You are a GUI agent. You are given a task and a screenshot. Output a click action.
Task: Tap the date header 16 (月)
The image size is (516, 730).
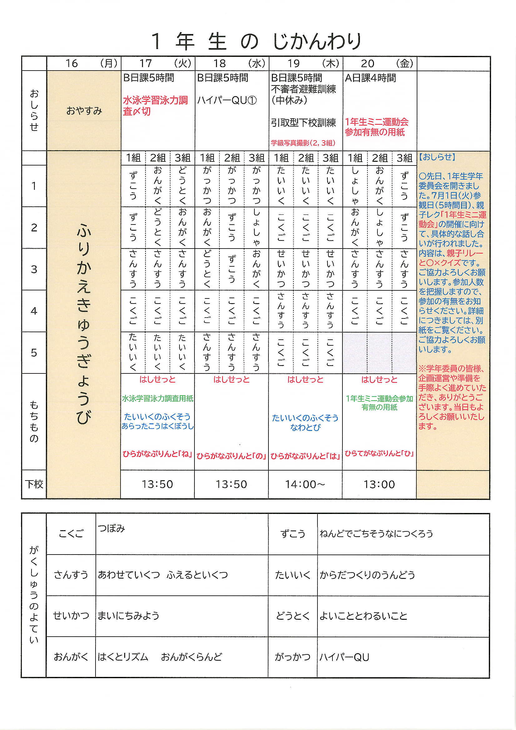point(84,64)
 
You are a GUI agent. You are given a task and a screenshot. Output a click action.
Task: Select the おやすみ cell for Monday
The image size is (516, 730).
point(84,111)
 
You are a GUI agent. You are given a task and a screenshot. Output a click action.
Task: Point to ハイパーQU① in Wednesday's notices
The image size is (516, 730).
point(227,101)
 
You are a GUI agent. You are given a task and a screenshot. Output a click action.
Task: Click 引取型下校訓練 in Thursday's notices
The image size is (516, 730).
point(303,122)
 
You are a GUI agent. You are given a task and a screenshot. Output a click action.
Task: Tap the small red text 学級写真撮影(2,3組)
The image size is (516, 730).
point(303,143)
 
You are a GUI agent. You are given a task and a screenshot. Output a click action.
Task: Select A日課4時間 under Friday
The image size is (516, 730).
point(371,78)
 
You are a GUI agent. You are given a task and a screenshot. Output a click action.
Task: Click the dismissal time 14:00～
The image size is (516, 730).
point(305,484)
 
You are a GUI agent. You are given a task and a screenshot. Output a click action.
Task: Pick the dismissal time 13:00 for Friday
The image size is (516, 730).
point(379,484)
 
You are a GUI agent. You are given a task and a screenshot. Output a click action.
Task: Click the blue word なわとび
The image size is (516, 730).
point(305,428)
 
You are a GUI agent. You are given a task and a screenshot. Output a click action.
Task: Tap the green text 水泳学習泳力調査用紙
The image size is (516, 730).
point(157,398)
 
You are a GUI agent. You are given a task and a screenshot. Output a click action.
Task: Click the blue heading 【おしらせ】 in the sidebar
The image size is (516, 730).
point(437,157)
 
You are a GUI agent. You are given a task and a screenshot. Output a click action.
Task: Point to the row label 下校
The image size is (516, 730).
point(34,484)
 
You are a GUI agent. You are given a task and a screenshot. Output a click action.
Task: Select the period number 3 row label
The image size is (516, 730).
point(34,269)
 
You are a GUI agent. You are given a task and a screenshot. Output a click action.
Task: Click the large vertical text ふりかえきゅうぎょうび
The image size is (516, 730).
point(84,324)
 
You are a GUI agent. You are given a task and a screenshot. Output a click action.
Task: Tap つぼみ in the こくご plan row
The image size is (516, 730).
point(111,528)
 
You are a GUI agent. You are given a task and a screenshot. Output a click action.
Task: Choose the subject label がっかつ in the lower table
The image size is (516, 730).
point(292,657)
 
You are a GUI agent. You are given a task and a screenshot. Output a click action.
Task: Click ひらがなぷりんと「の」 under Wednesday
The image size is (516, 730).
point(231,456)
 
